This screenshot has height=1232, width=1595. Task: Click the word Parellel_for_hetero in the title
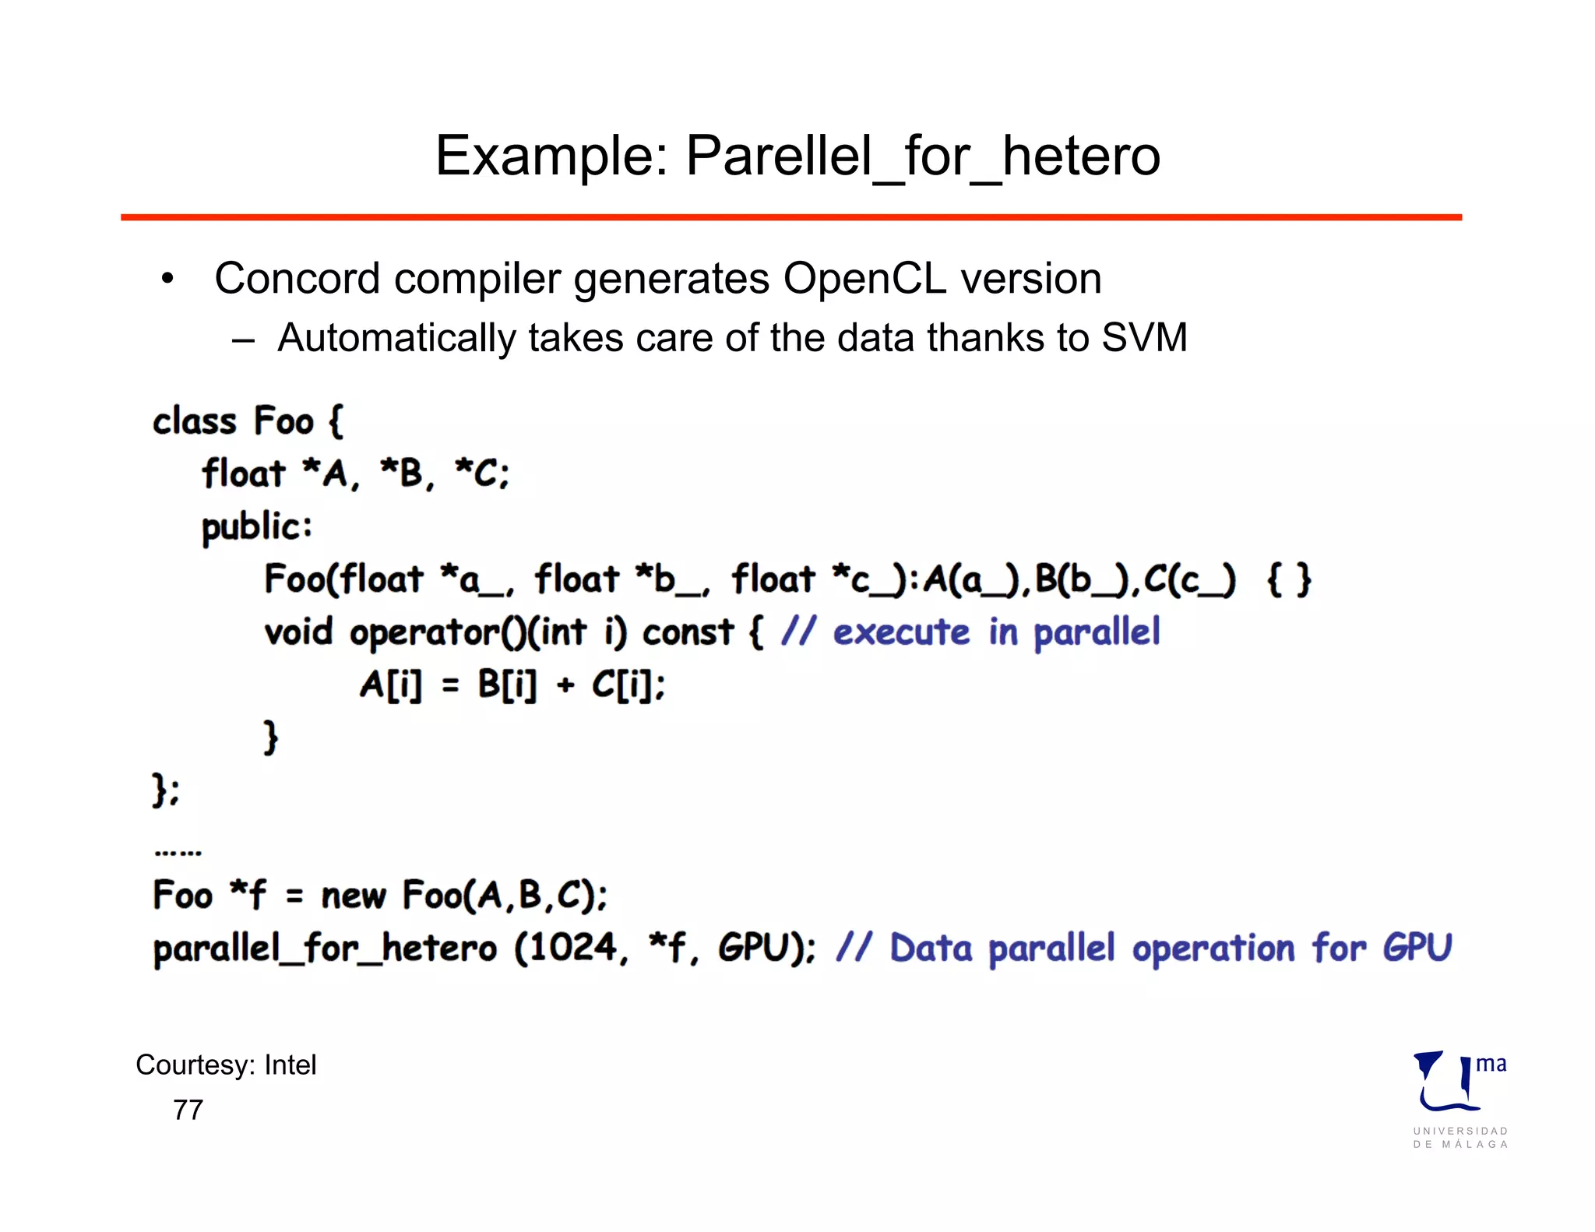point(923,157)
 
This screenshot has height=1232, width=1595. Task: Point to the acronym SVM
point(1144,338)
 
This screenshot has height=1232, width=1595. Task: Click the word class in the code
point(195,421)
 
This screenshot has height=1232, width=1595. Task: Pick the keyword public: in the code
point(257,527)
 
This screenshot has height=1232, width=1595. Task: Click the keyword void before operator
point(298,632)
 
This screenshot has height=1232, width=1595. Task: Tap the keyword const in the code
point(687,632)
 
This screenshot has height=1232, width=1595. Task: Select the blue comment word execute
point(901,632)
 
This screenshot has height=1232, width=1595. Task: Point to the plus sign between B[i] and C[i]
point(565,686)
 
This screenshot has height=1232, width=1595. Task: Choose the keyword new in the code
point(353,896)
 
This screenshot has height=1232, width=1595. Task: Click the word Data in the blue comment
point(931,949)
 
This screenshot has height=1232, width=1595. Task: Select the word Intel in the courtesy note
point(290,1065)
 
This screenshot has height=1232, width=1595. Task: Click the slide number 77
point(188,1110)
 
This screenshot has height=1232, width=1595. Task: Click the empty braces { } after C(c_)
point(1289,580)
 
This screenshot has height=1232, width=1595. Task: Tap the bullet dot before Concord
point(167,280)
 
